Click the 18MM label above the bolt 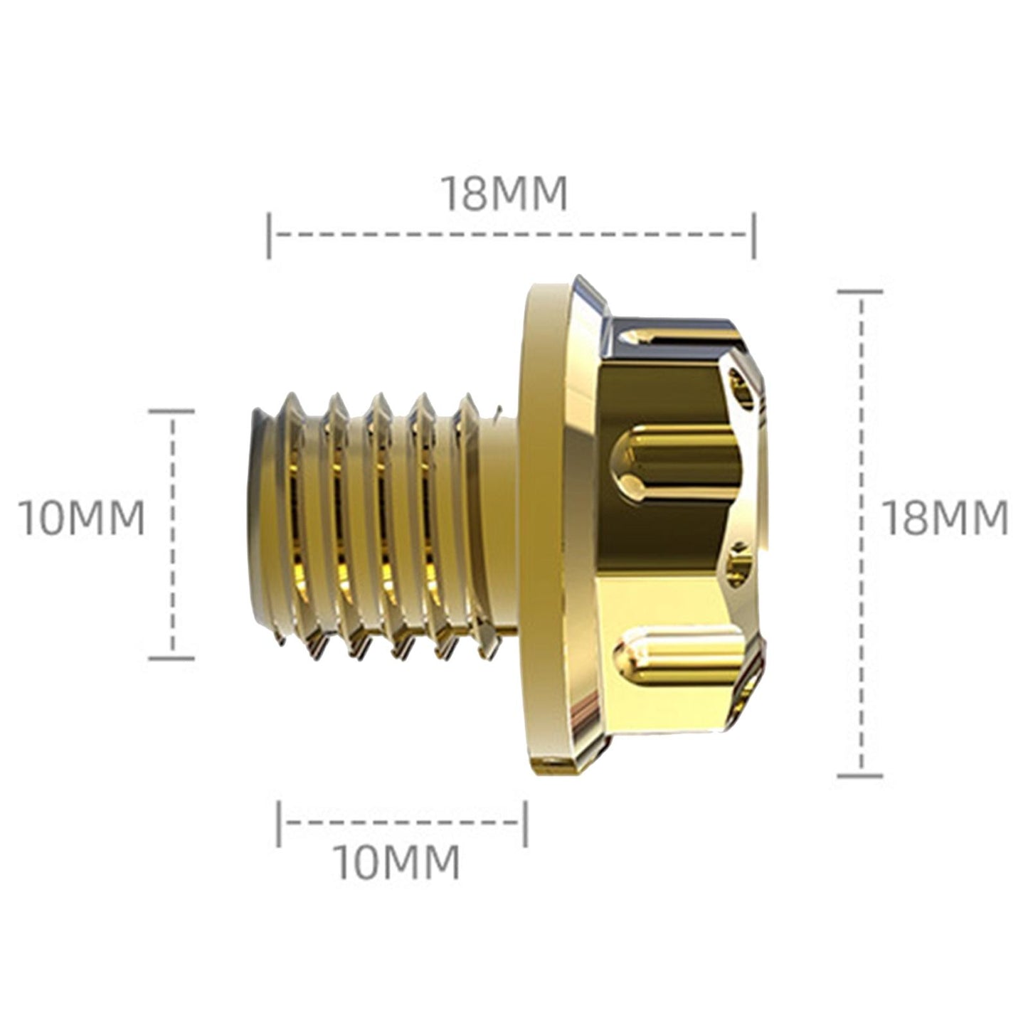coord(504,193)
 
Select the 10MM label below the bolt coord(397,862)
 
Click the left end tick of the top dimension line coord(268,235)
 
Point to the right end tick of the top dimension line coord(754,235)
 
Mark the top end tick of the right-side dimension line coord(860,291)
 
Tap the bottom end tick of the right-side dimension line coord(860,775)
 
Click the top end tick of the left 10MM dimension coord(171,411)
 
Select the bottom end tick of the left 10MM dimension coord(171,658)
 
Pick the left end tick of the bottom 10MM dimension coord(279,823)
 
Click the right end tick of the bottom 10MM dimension coord(525,823)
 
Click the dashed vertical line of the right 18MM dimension coord(862,427)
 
